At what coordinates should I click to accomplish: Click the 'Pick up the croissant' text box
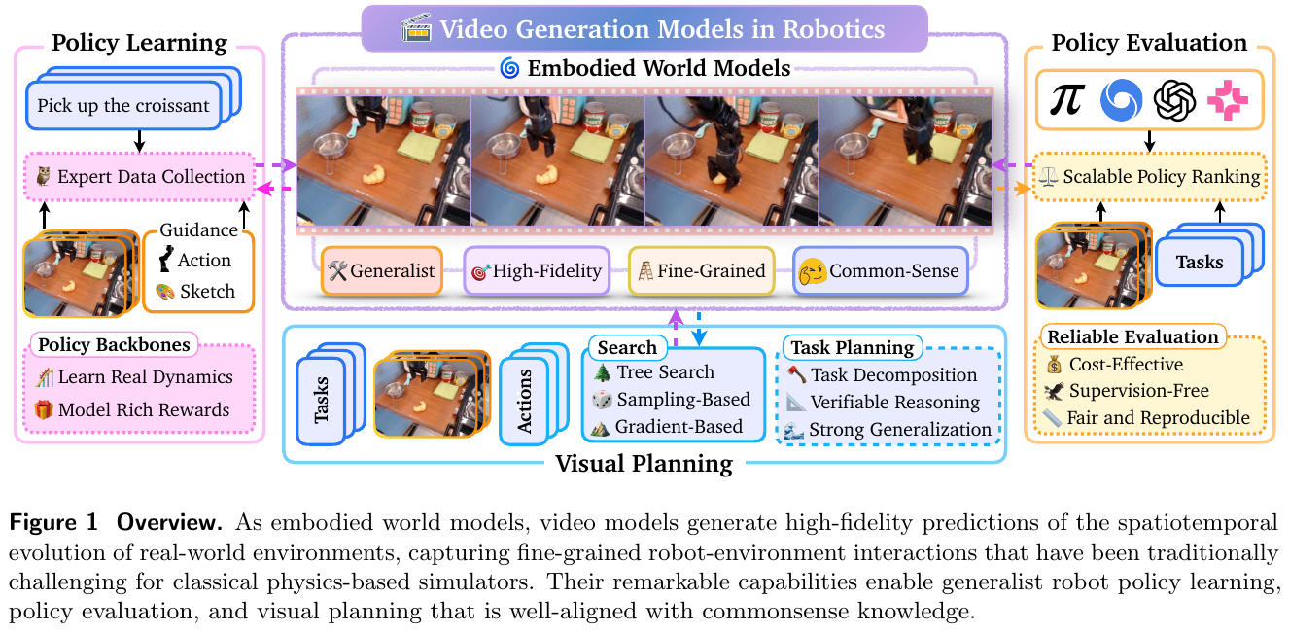[123, 105]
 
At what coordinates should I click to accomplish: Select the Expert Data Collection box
[140, 176]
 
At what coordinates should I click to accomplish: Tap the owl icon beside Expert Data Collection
[43, 176]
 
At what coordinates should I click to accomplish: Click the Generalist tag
[381, 270]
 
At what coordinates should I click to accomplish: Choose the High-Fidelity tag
[537, 270]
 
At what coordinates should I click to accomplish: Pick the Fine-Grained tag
[702, 270]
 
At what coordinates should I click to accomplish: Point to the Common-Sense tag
[881, 270]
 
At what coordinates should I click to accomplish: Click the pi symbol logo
[1066, 99]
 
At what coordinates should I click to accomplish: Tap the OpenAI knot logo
[1174, 99]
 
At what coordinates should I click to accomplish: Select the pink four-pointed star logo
[1228, 99]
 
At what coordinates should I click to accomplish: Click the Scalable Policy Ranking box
[1150, 176]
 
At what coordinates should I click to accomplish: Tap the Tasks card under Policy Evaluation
[1200, 262]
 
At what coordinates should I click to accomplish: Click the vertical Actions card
[524, 401]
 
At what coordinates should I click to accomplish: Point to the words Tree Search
[665, 371]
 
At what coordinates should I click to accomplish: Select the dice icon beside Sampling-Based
[602, 400]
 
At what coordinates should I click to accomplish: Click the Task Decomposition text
[893, 374]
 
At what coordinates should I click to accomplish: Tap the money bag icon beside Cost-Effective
[1054, 365]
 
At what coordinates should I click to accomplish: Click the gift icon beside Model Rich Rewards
[44, 409]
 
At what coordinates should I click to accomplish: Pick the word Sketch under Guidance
[207, 292]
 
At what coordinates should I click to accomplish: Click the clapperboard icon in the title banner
[416, 27]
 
